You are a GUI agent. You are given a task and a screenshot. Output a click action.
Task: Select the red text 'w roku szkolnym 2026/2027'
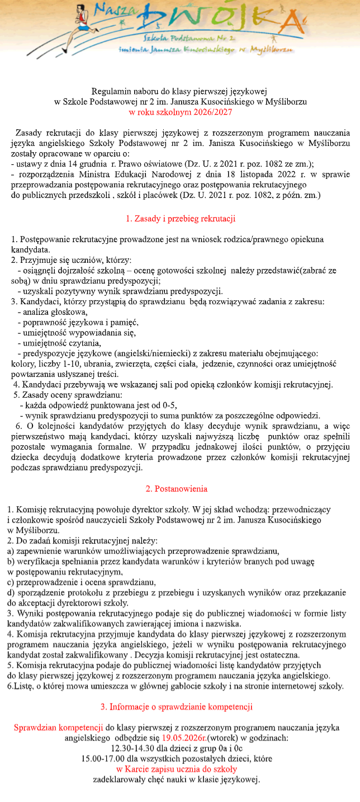coord(180,112)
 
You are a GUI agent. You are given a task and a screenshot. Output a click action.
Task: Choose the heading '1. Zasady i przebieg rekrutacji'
coord(180,218)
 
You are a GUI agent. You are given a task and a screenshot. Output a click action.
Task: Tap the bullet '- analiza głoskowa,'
coord(52,312)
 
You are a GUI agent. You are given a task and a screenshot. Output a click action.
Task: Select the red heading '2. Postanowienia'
coord(176,488)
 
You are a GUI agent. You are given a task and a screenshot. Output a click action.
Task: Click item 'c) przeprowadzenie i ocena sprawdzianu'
coord(82,582)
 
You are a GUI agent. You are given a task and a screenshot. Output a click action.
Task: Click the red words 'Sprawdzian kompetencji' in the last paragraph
coord(58,728)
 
